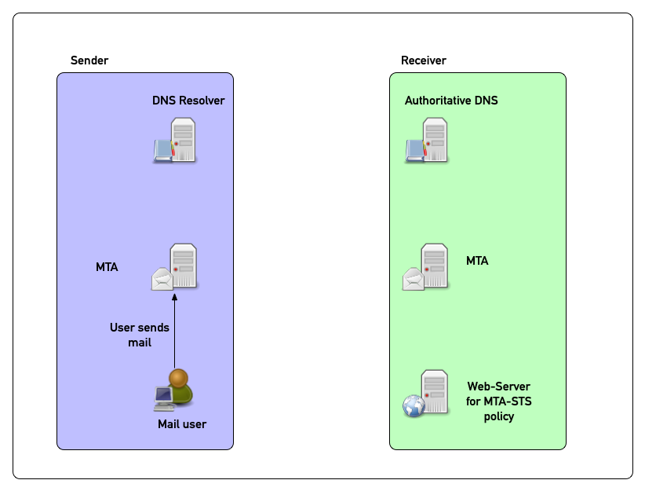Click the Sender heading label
point(89,60)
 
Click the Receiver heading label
point(423,60)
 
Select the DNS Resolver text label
point(188,101)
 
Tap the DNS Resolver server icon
point(176,140)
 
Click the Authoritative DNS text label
point(451,101)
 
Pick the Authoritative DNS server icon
point(428,140)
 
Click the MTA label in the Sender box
point(107,267)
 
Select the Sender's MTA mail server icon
point(176,267)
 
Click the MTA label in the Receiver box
point(477,260)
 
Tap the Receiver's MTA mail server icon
point(427,267)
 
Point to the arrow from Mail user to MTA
point(175,330)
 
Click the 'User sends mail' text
point(139,335)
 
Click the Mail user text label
point(182,424)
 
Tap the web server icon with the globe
point(426,393)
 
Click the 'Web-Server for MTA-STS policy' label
point(498,401)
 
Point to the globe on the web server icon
point(414,405)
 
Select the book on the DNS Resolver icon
point(162,150)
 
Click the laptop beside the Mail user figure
point(163,398)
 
